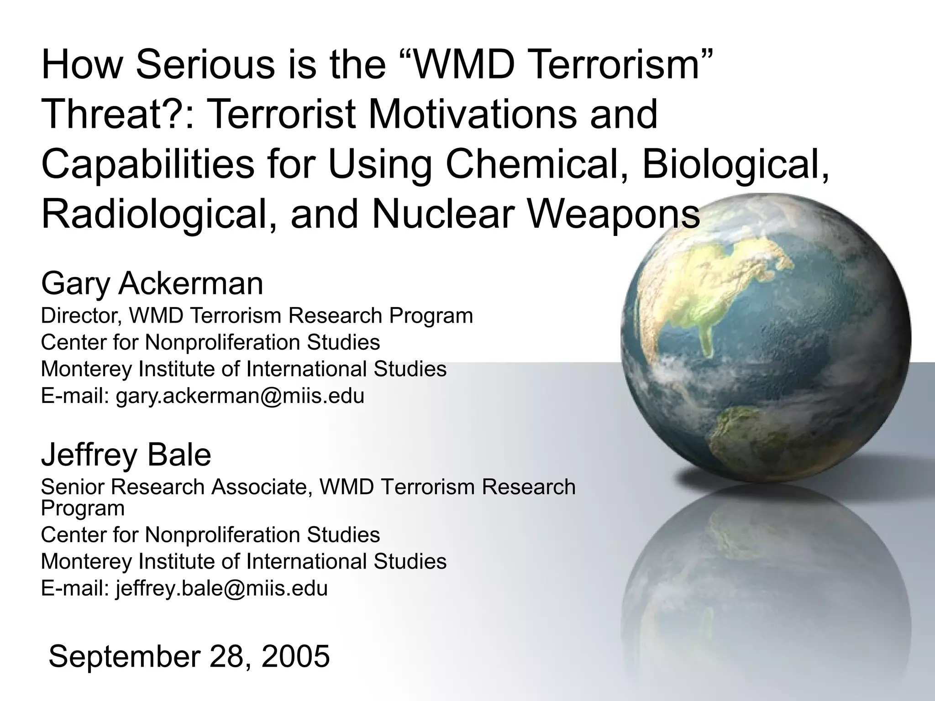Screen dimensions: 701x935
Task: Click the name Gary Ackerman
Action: click(152, 283)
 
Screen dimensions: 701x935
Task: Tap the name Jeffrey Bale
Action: click(126, 455)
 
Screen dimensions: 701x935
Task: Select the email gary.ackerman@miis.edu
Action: click(240, 396)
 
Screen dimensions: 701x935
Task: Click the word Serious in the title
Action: click(205, 65)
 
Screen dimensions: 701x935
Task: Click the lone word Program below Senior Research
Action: click(83, 508)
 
